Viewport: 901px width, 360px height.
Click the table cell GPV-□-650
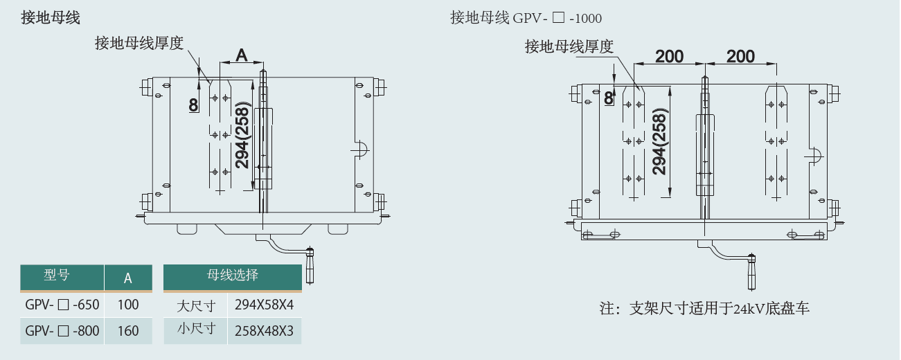(62, 305)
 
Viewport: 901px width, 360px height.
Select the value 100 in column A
(128, 305)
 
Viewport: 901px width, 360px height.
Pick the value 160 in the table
(128, 331)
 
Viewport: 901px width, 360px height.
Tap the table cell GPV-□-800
(62, 331)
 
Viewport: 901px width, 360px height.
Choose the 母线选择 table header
(233, 275)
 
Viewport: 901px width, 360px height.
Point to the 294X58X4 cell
(264, 305)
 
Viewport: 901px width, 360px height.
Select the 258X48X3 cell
(264, 331)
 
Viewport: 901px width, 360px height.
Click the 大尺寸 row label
(197, 305)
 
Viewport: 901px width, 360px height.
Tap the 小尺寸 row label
(197, 330)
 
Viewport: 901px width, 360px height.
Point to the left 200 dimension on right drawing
(669, 56)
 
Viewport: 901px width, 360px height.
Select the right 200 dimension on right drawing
(740, 56)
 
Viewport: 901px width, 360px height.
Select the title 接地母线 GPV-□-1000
(526, 18)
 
